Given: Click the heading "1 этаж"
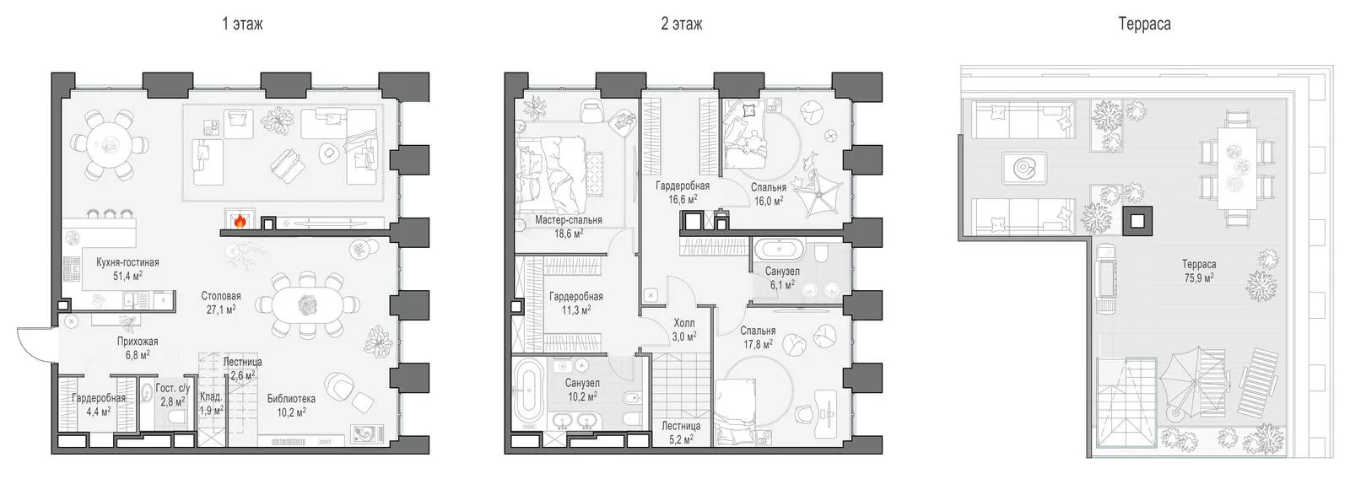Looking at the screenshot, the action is (x=242, y=24).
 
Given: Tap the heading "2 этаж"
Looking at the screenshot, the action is (x=681, y=24).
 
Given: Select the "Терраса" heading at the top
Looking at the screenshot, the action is (x=1144, y=24).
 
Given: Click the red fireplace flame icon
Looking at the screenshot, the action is (x=240, y=221).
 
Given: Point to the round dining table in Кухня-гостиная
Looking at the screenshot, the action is (x=109, y=145).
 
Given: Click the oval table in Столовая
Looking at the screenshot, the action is (x=307, y=305).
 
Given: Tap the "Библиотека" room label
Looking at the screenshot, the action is (x=291, y=398).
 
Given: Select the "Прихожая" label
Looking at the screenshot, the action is (x=138, y=341).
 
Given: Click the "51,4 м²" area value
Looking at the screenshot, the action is (x=127, y=276).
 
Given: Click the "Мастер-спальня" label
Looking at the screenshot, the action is (x=569, y=220).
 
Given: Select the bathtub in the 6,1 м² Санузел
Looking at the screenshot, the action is (x=780, y=248).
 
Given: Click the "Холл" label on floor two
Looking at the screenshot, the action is (x=684, y=323).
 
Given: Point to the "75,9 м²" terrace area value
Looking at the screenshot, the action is (x=1199, y=277).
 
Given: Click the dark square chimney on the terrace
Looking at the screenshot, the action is (x=1137, y=221).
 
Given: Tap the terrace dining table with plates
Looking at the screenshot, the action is (x=1237, y=168).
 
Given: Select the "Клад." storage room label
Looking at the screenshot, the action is (x=211, y=396).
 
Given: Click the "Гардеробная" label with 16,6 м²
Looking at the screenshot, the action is (x=683, y=186).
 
